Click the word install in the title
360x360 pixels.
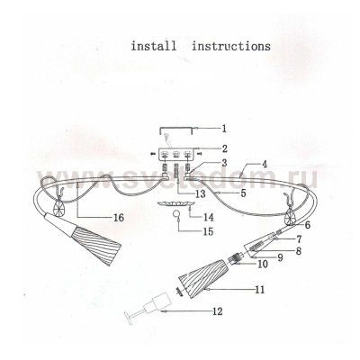point(154,46)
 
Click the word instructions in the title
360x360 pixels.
point(231,46)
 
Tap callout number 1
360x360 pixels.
point(224,129)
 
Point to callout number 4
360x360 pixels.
point(265,165)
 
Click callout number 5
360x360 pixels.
point(243,193)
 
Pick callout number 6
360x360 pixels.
point(307,225)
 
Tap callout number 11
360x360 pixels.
point(260,290)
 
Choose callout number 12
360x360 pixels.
point(218,311)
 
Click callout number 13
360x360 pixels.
point(200,193)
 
